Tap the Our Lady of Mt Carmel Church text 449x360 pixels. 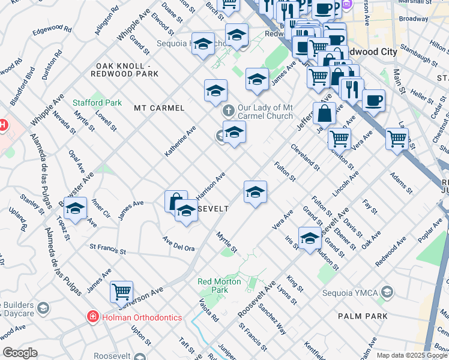coord(265,112)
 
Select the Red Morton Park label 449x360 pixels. coord(221,286)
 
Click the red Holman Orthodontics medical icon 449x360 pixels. coord(92,317)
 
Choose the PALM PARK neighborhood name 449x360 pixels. coord(362,316)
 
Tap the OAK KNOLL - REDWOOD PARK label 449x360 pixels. coord(124,70)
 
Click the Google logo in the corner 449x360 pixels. coord(20,353)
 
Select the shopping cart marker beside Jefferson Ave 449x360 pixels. coord(121,292)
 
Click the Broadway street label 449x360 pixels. coord(414,19)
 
